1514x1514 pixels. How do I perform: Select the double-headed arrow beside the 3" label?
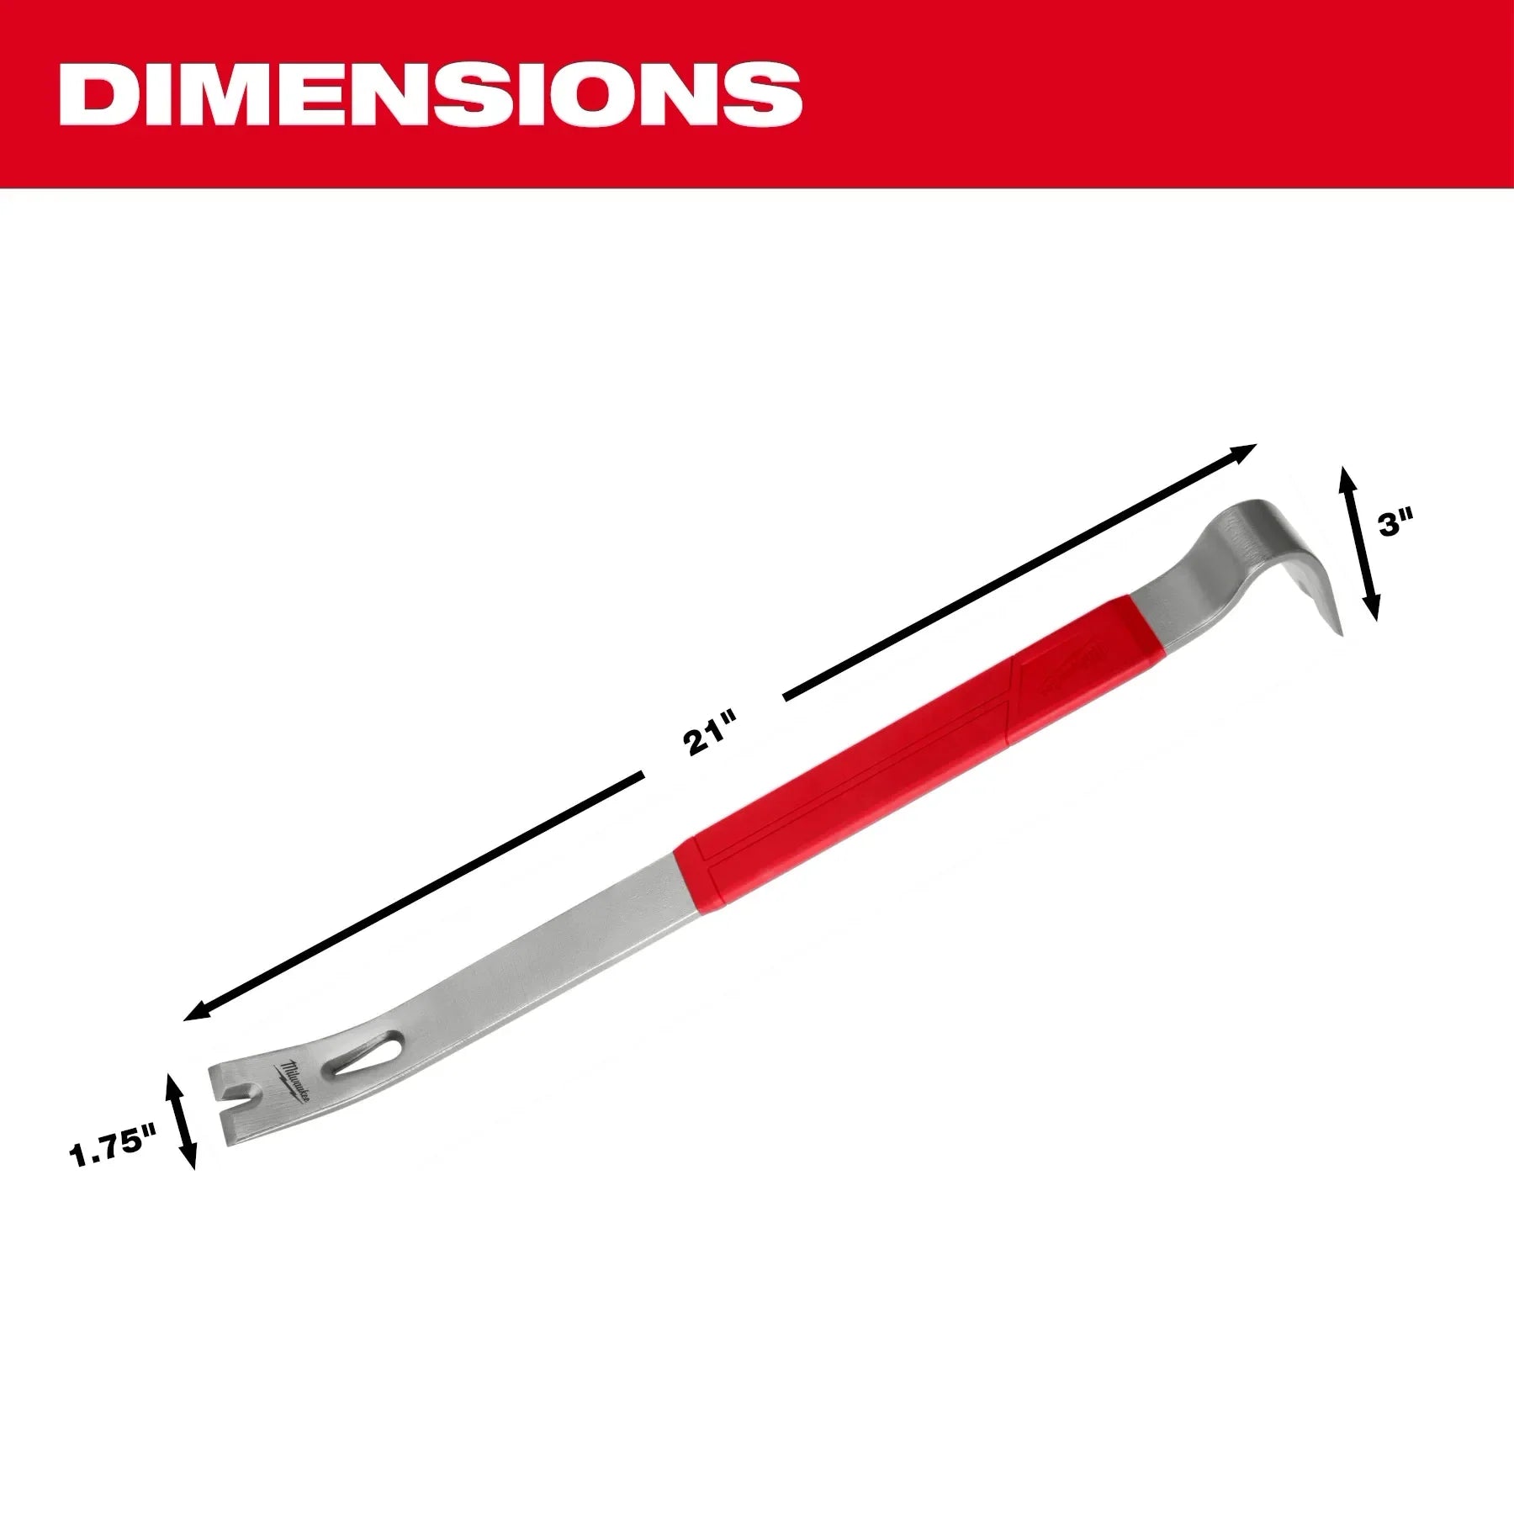point(1358,543)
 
